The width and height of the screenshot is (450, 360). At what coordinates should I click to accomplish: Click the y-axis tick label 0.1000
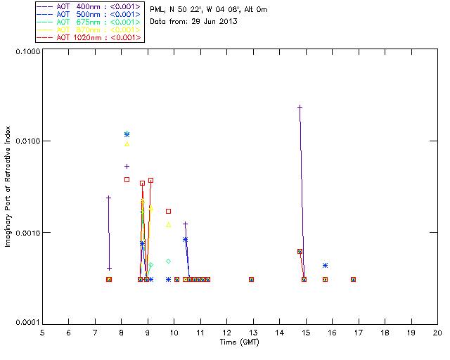pyautogui.click(x=25, y=52)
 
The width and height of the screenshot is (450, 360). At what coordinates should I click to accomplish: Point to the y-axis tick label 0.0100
pyautogui.click(x=25, y=141)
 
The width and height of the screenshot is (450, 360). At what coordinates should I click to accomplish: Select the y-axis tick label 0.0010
pyautogui.click(x=25, y=232)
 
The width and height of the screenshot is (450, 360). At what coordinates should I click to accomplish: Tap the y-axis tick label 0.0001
pyautogui.click(x=25, y=322)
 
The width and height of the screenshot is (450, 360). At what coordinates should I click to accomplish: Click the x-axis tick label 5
pyautogui.click(x=42, y=332)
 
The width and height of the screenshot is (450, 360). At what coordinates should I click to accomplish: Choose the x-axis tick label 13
pyautogui.click(x=253, y=332)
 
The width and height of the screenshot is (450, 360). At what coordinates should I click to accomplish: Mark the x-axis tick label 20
pyautogui.click(x=437, y=332)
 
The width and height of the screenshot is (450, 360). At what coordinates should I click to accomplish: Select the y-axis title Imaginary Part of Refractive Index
pyautogui.click(x=10, y=187)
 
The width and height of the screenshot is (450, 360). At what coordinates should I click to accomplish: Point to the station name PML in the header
pyautogui.click(x=157, y=10)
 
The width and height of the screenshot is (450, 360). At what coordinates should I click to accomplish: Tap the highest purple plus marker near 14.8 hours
pyautogui.click(x=300, y=107)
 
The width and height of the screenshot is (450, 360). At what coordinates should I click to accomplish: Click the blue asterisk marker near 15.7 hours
pyautogui.click(x=325, y=265)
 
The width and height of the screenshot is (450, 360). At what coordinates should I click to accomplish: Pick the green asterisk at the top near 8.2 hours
pyautogui.click(x=127, y=134)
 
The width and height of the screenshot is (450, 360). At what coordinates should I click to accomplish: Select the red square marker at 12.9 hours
pyautogui.click(x=251, y=279)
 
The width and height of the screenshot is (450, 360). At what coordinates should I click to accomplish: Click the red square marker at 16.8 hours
pyautogui.click(x=353, y=279)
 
